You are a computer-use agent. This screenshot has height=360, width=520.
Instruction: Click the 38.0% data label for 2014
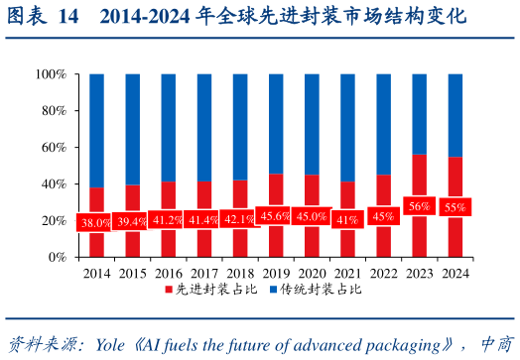point(96,223)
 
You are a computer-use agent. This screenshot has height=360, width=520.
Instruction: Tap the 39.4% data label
point(132,221)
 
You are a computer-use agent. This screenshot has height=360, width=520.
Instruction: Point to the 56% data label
point(419,206)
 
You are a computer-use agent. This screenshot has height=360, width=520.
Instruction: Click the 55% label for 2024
point(455,207)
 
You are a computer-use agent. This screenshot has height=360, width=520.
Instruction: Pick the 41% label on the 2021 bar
point(346,219)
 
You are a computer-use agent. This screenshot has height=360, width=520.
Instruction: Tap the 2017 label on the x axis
point(203,274)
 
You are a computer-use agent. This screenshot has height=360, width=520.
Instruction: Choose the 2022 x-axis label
point(383,274)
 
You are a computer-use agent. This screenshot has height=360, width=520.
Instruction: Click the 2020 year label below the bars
point(311,274)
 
